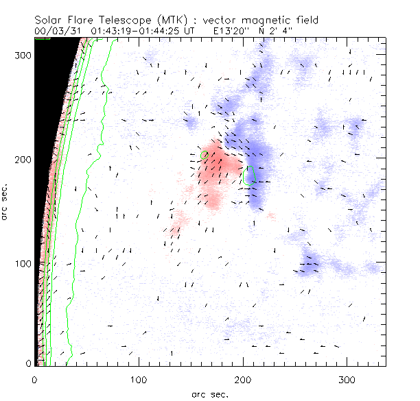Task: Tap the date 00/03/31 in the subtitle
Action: [x=58, y=31]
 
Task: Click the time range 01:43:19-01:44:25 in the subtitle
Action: [x=141, y=31]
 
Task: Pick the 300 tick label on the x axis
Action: [x=348, y=379]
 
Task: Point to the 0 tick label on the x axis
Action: [x=35, y=379]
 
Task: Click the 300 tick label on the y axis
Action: [x=23, y=54]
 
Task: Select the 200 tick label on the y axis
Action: [x=23, y=159]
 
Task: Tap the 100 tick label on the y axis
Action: [x=23, y=264]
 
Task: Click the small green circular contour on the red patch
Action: [x=204, y=154]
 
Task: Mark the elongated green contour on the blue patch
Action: [x=250, y=175]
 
